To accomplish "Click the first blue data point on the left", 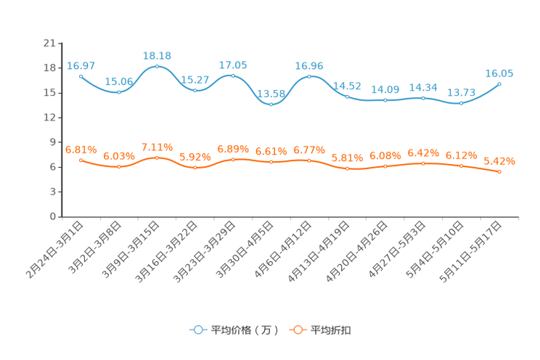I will tap(81, 75).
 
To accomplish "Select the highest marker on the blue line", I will tap(157, 67).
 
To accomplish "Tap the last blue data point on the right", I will tap(500, 83).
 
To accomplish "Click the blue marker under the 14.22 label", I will tap(347, 97).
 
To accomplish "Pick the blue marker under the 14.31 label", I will tap(424, 98).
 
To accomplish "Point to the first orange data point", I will tap(81, 160).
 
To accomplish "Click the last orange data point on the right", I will tap(500, 171).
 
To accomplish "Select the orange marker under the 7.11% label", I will tap(157, 157).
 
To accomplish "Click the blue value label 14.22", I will tap(347, 86).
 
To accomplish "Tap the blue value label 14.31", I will tap(424, 87).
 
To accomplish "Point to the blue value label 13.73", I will tap(461, 94).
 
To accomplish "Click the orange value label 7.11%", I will tap(157, 147).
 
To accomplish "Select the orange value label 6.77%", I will tap(309, 150).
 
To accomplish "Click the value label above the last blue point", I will tap(500, 73).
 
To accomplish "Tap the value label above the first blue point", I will tap(81, 65).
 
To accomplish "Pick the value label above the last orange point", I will tap(500, 160).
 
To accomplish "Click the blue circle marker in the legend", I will tap(197, 330).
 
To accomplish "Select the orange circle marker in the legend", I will tap(297, 330).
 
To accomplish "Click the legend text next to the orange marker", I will tap(332, 330).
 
